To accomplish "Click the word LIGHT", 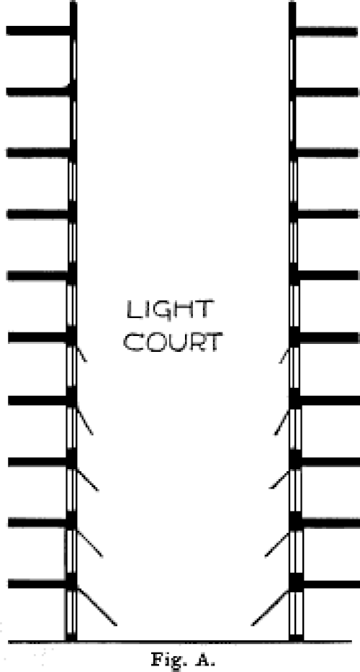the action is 169,309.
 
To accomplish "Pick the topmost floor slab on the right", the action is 327,31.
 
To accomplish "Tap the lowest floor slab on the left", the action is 39,584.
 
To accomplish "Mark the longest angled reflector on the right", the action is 269,607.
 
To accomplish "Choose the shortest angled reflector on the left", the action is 81,355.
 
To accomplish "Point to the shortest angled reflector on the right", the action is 284,355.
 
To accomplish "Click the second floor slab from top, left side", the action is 39,91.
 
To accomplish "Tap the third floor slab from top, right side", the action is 327,153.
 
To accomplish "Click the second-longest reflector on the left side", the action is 90,543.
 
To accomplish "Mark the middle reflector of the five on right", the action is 279,479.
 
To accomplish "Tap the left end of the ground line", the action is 9,642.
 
